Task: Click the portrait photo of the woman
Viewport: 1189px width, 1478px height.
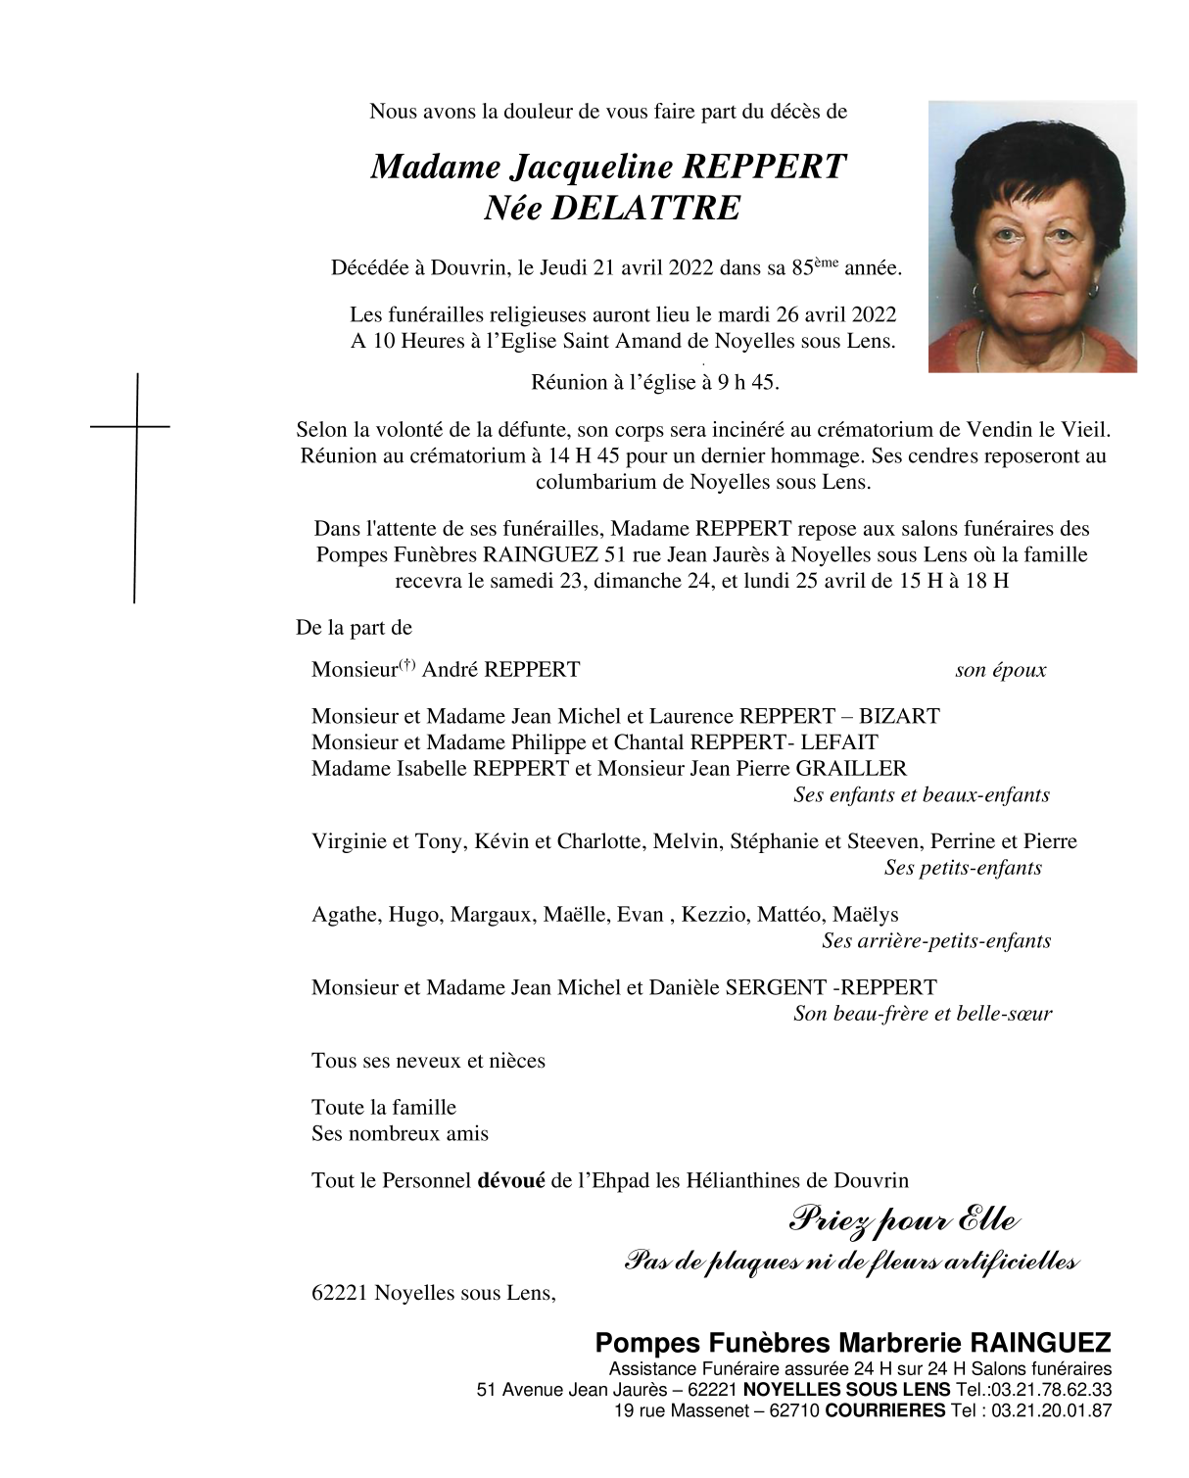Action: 1032,236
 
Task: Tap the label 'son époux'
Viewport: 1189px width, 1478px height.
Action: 1000,671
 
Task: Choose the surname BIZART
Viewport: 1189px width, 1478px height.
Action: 899,716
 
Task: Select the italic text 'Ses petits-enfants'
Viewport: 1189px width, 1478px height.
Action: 963,868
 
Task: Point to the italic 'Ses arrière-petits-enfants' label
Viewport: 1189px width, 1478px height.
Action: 936,941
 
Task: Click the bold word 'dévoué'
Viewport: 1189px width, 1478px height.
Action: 510,1181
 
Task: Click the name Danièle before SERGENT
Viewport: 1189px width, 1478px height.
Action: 684,987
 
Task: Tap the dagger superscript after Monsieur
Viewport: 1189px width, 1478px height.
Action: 405,664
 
